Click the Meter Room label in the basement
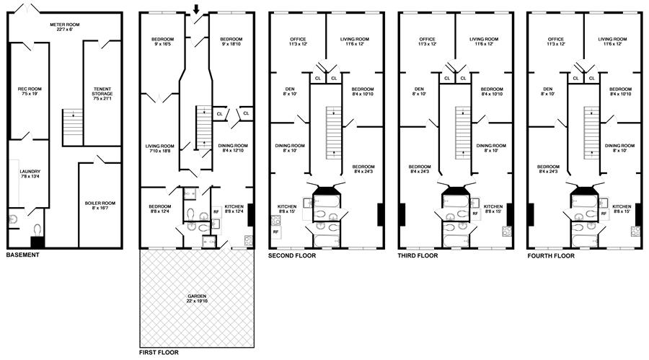[x=65, y=27]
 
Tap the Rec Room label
[x=30, y=91]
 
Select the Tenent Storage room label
[x=102, y=94]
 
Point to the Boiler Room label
[x=100, y=206]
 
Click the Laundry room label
[x=30, y=174]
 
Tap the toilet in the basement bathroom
[x=37, y=229]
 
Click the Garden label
[x=197, y=299]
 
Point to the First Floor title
[x=159, y=353]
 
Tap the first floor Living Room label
[x=160, y=149]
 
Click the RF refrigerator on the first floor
[x=216, y=211]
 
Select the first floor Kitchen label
[x=234, y=208]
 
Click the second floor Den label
[x=290, y=91]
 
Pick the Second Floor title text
[x=292, y=255]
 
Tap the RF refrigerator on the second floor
[x=275, y=232]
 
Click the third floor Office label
[x=427, y=41]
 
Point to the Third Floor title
[x=418, y=255]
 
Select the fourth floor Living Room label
[x=612, y=41]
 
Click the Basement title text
[x=23, y=255]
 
